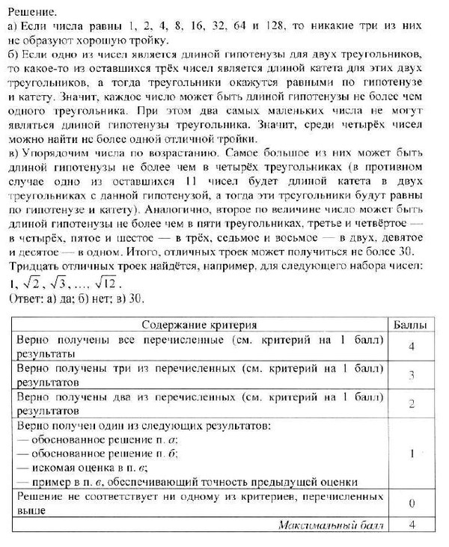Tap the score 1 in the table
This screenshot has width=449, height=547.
point(412,453)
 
